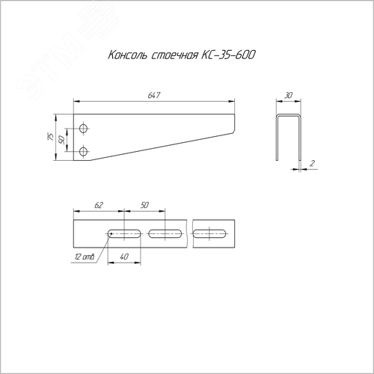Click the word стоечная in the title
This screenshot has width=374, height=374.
tap(175, 55)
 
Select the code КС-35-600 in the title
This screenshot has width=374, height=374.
tap(228, 55)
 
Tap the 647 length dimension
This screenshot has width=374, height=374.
tap(154, 95)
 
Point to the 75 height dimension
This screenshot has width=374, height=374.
tap(51, 137)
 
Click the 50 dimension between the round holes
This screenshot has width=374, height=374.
tap(61, 140)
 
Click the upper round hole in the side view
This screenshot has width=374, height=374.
tap(84, 129)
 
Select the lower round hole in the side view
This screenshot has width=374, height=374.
tap(84, 151)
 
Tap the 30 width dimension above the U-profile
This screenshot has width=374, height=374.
tap(288, 95)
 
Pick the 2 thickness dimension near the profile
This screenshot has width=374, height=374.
tap(312, 163)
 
